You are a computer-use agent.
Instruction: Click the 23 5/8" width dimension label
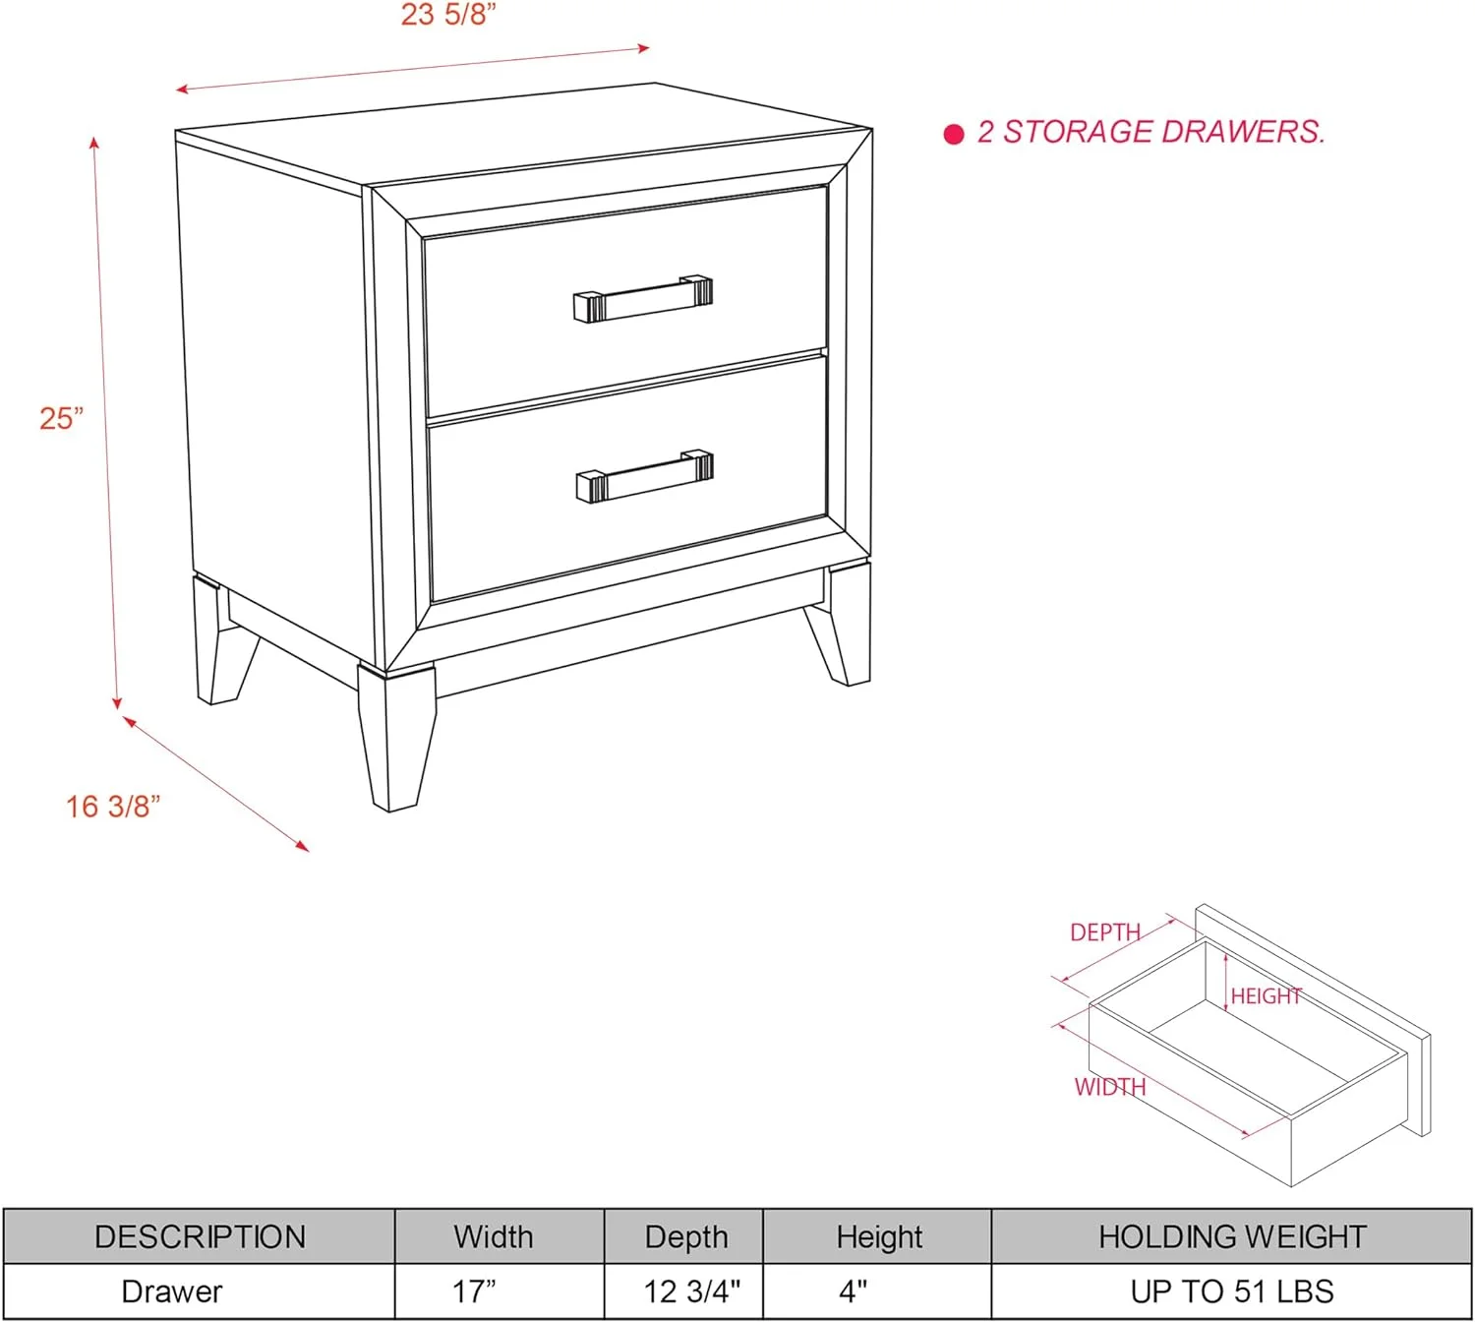tap(448, 15)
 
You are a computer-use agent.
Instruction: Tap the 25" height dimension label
tap(62, 419)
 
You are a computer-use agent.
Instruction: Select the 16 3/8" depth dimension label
tap(113, 807)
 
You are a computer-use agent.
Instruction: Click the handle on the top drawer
tap(643, 298)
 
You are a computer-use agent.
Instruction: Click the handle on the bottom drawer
tap(644, 476)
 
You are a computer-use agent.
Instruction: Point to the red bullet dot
tap(954, 134)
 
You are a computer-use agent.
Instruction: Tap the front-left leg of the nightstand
tap(397, 736)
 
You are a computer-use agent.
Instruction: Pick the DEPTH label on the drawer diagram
tap(1105, 932)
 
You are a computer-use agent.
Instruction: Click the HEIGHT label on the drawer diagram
tap(1267, 995)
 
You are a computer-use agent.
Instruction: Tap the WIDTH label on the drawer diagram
tap(1110, 1087)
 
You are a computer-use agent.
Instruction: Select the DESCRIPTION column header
tap(201, 1236)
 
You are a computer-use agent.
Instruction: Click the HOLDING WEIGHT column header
tap(1232, 1236)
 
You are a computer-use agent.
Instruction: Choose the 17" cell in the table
tap(474, 1292)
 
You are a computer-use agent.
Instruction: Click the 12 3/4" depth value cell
tap(691, 1292)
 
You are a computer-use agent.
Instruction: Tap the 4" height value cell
tap(854, 1292)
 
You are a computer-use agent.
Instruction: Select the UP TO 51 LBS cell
tap(1232, 1292)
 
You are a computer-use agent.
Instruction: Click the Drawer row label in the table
tap(172, 1292)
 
